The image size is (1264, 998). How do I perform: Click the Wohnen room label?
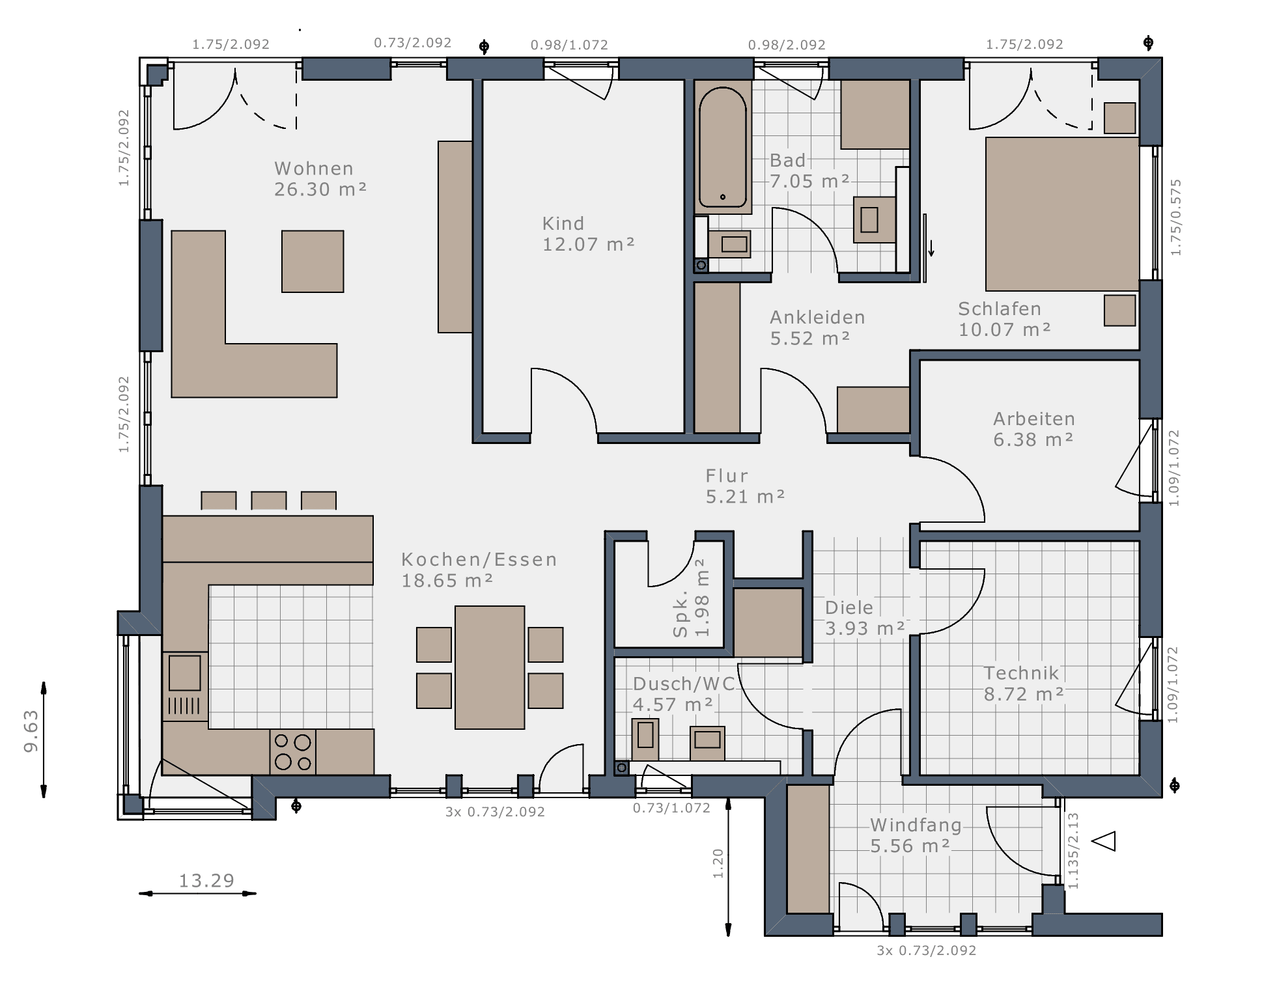click(314, 169)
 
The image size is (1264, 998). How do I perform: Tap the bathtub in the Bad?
click(723, 147)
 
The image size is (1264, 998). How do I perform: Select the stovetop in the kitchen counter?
click(293, 752)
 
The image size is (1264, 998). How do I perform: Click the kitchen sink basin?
click(185, 672)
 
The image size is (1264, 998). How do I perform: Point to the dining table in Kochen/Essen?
click(490, 667)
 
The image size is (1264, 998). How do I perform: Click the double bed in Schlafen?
click(1062, 214)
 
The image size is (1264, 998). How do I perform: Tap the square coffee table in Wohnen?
click(313, 261)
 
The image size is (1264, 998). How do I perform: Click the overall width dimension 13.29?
click(206, 881)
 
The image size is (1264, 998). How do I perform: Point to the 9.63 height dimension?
click(31, 731)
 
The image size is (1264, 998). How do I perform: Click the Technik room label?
click(1021, 673)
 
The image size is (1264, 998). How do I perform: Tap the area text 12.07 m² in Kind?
click(588, 244)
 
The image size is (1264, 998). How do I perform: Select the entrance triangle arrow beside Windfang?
click(1104, 841)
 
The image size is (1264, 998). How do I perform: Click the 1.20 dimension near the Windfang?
click(718, 864)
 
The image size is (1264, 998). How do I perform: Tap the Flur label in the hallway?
click(727, 476)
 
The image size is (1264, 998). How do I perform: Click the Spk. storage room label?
click(681, 614)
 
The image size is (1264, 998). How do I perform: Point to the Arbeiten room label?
click(1034, 419)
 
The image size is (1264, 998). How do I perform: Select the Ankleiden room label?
click(818, 317)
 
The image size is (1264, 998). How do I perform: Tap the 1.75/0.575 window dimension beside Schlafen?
click(1176, 217)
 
